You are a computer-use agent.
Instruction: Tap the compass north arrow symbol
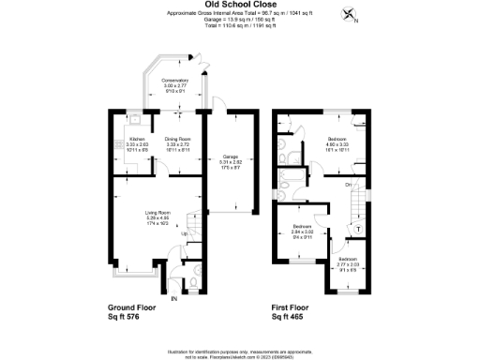351,14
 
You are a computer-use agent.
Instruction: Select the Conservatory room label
175,85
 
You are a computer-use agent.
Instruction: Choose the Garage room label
229,161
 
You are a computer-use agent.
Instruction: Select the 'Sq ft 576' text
131,318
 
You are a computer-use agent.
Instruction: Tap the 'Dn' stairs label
348,185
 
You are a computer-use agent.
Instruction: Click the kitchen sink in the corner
136,120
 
